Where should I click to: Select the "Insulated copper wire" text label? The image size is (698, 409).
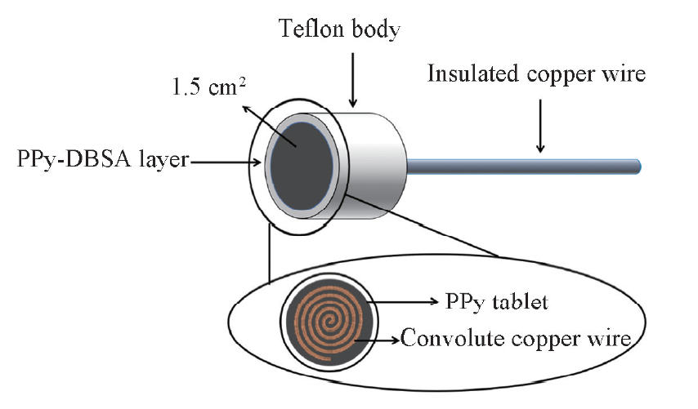(537, 74)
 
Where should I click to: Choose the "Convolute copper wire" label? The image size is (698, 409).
(516, 337)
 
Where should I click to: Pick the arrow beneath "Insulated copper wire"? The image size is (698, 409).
(539, 122)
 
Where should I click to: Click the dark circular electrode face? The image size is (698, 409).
(303, 158)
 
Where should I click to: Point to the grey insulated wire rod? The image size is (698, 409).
(523, 166)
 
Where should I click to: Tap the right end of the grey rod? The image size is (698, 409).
(638, 166)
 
